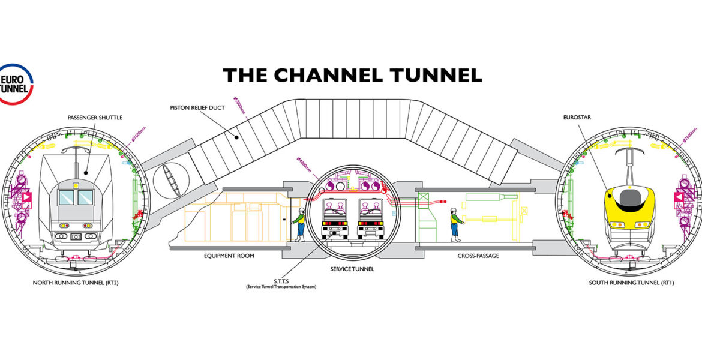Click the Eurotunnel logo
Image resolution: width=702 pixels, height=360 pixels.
16,83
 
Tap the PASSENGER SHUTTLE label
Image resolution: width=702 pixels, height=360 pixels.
95,118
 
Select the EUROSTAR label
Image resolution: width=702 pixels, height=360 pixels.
578,118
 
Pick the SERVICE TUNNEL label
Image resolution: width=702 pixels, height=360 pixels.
352,269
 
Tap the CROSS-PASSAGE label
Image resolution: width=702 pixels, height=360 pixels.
478,256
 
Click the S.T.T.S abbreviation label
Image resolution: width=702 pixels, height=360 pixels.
281,281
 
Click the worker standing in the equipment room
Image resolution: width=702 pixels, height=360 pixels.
299,224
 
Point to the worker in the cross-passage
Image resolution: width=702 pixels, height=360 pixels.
455,224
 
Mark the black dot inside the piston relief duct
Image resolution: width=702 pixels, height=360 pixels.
238,137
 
